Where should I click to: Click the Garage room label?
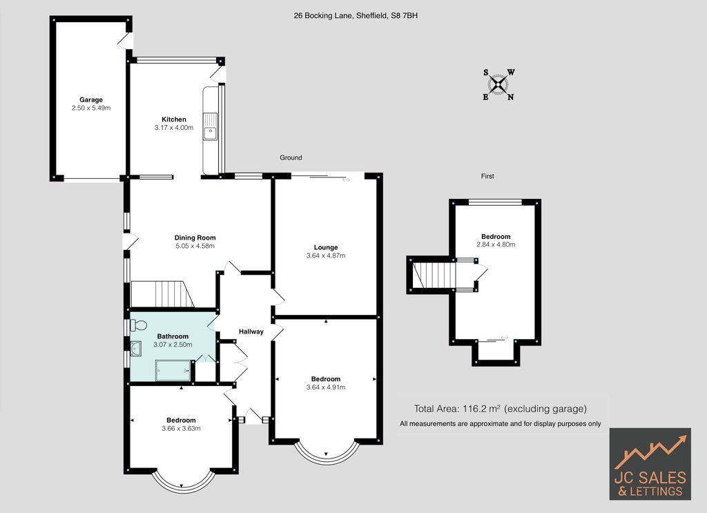[90, 99]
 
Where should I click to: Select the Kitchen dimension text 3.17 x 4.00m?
[174, 128]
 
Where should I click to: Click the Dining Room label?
[195, 238]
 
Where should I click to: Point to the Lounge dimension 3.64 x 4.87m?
[325, 255]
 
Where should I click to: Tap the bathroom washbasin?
[136, 349]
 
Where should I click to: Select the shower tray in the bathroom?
[172, 371]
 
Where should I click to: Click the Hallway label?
[251, 331]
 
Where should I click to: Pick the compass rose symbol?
[498, 84]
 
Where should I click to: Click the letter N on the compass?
[511, 97]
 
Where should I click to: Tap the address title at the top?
[356, 14]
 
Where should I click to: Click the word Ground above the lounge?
[291, 157]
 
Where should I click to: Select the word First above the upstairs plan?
[487, 176]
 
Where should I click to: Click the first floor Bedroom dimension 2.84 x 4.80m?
[496, 244]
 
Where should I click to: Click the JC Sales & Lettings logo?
[650, 463]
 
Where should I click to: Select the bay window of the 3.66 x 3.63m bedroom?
[181, 481]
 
